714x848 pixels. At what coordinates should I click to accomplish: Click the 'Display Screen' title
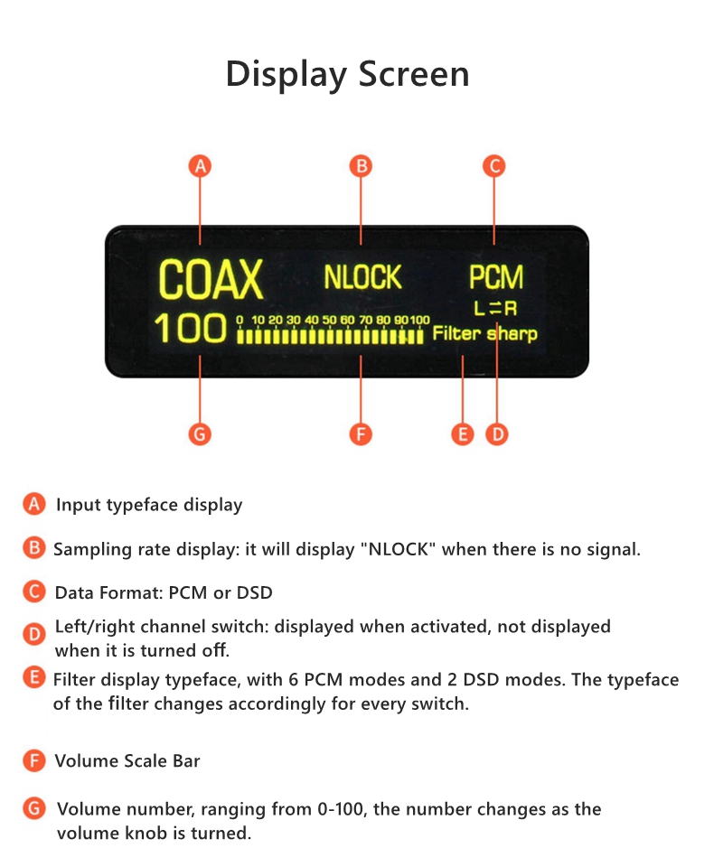tap(348, 75)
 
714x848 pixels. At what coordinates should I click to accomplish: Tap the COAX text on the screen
tap(211, 279)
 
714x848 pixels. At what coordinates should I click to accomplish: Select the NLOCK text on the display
tap(362, 277)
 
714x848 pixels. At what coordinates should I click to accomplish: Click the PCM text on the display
tap(496, 277)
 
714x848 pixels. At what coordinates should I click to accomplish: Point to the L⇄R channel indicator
tap(495, 308)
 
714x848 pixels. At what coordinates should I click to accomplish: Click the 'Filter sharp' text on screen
tap(485, 333)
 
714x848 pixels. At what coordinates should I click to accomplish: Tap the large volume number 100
tap(190, 328)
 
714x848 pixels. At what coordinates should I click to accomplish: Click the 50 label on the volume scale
tap(329, 320)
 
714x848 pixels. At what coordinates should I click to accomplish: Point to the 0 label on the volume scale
tap(240, 320)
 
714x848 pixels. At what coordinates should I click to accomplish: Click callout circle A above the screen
tap(200, 166)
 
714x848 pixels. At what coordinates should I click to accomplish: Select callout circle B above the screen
tap(361, 166)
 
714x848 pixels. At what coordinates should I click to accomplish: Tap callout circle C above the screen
tap(493, 166)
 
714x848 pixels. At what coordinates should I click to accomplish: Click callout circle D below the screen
tap(497, 434)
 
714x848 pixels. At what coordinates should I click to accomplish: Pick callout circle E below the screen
tap(462, 434)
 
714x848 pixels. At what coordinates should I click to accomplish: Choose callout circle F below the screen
tap(361, 434)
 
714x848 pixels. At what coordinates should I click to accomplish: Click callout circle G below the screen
tap(200, 434)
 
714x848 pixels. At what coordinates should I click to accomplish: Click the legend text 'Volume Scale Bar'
tap(127, 761)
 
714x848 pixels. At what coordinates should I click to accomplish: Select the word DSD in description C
tap(255, 592)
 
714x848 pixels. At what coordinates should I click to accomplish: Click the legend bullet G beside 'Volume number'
tap(34, 808)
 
